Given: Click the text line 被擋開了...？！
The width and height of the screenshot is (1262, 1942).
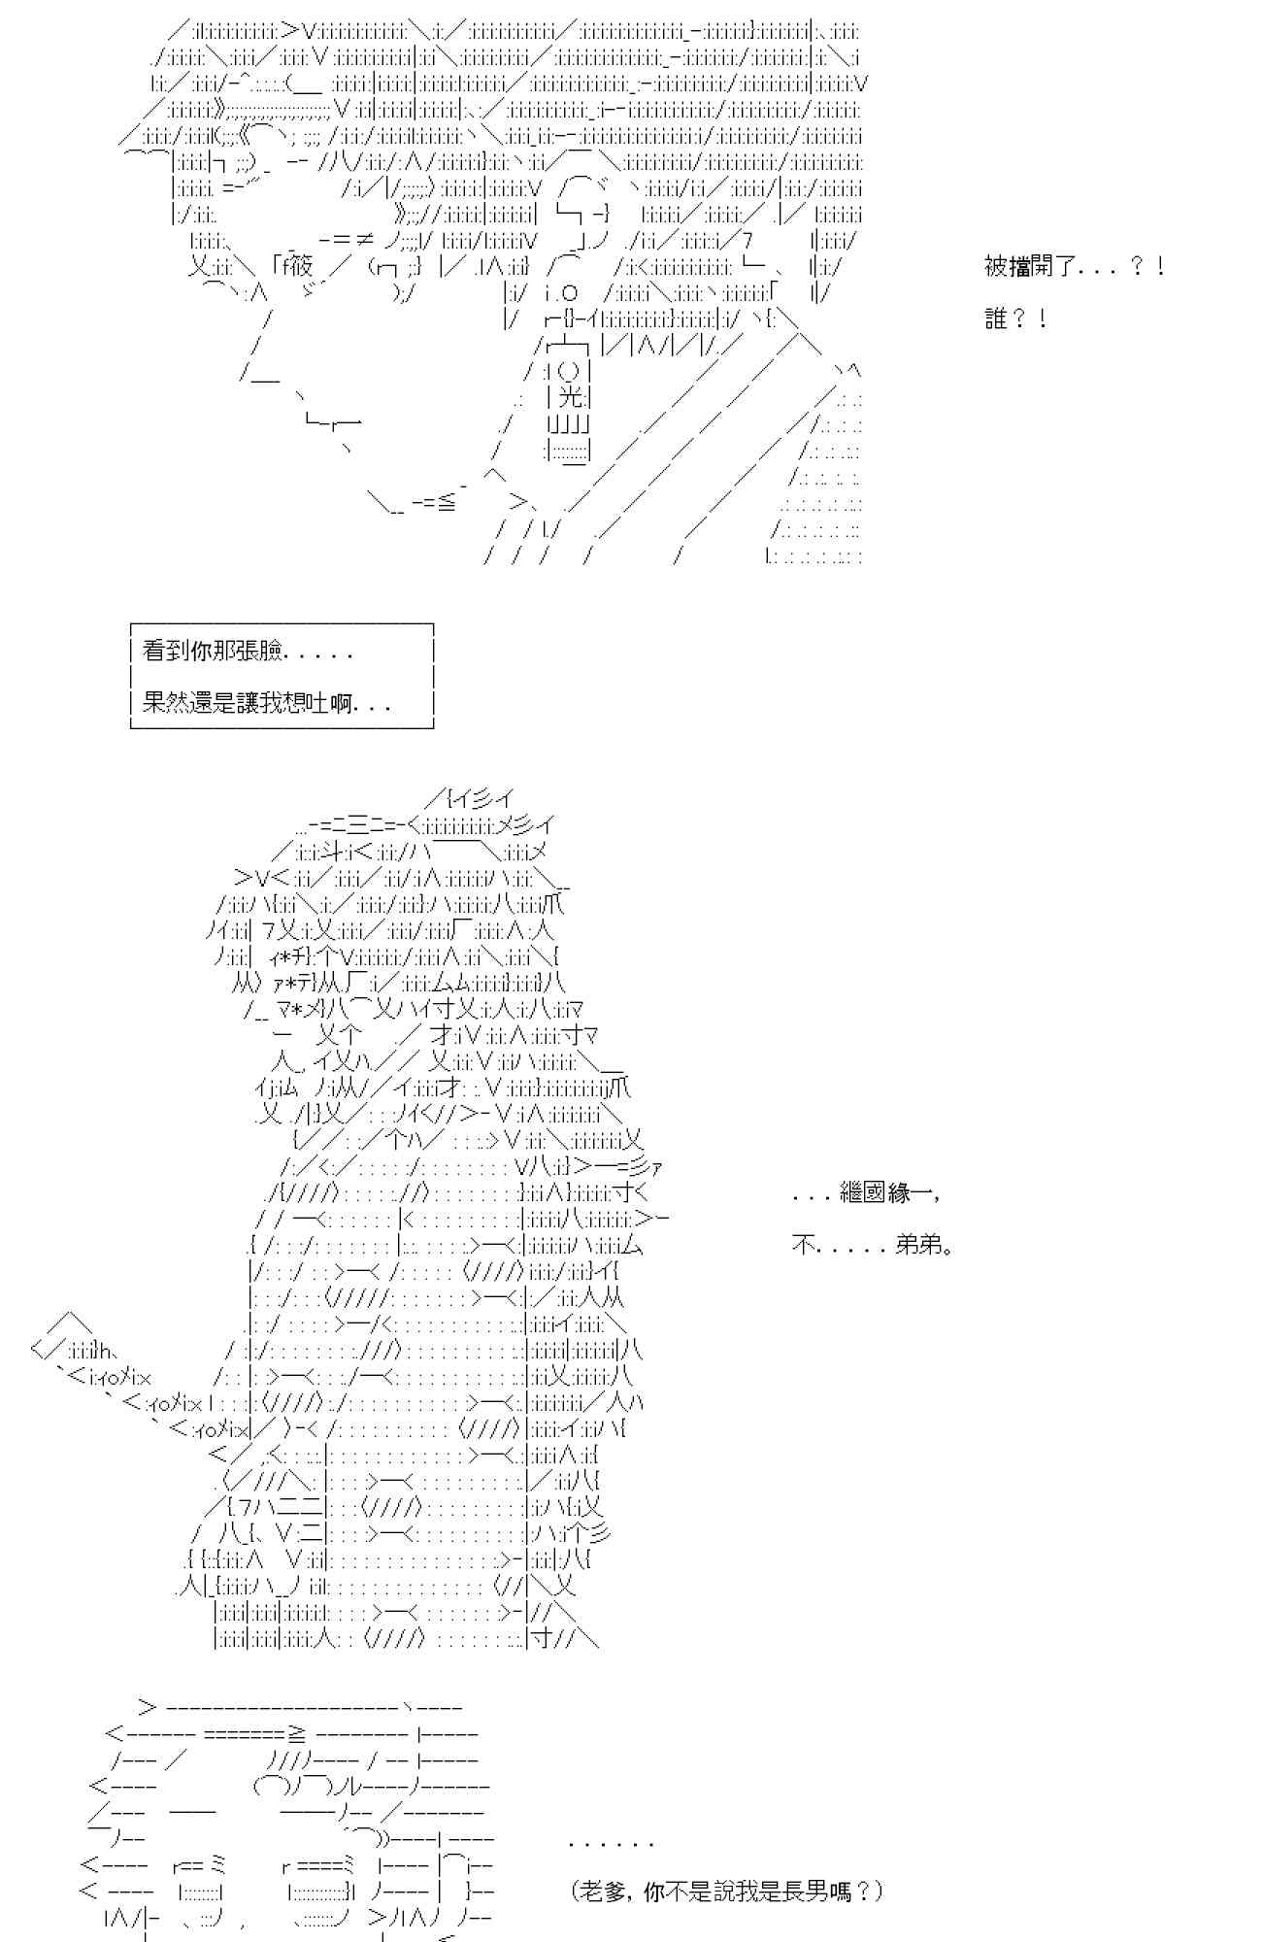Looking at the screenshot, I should tap(1074, 266).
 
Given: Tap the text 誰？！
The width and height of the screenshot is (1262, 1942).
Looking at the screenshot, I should tap(1014, 318).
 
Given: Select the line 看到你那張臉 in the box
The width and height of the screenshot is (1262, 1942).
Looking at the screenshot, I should tap(248, 652).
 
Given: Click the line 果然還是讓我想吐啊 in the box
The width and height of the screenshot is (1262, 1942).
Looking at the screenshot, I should tap(266, 703).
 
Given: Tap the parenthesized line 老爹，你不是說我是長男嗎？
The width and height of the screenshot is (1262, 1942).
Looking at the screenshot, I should tap(728, 1891).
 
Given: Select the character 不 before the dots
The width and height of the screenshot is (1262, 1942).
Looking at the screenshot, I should tap(802, 1245).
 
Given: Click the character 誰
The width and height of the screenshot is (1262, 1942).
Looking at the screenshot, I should tap(996, 318).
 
